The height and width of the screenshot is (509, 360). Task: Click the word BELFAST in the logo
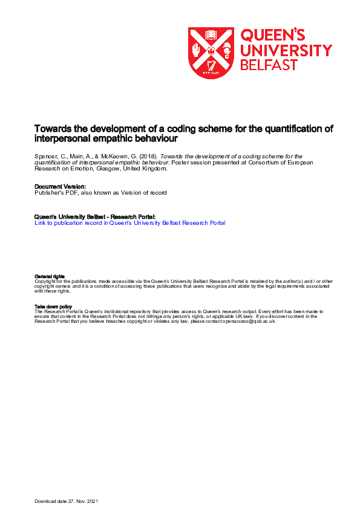[270, 65]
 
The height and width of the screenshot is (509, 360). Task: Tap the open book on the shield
[211, 35]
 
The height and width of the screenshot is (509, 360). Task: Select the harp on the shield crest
[211, 65]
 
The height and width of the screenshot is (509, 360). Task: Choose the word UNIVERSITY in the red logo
[286, 50]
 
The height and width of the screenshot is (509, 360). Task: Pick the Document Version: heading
[61, 187]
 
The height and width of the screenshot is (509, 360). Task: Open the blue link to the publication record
[130, 223]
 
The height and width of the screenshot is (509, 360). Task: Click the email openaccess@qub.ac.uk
[250, 321]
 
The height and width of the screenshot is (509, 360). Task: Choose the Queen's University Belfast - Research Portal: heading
[95, 217]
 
